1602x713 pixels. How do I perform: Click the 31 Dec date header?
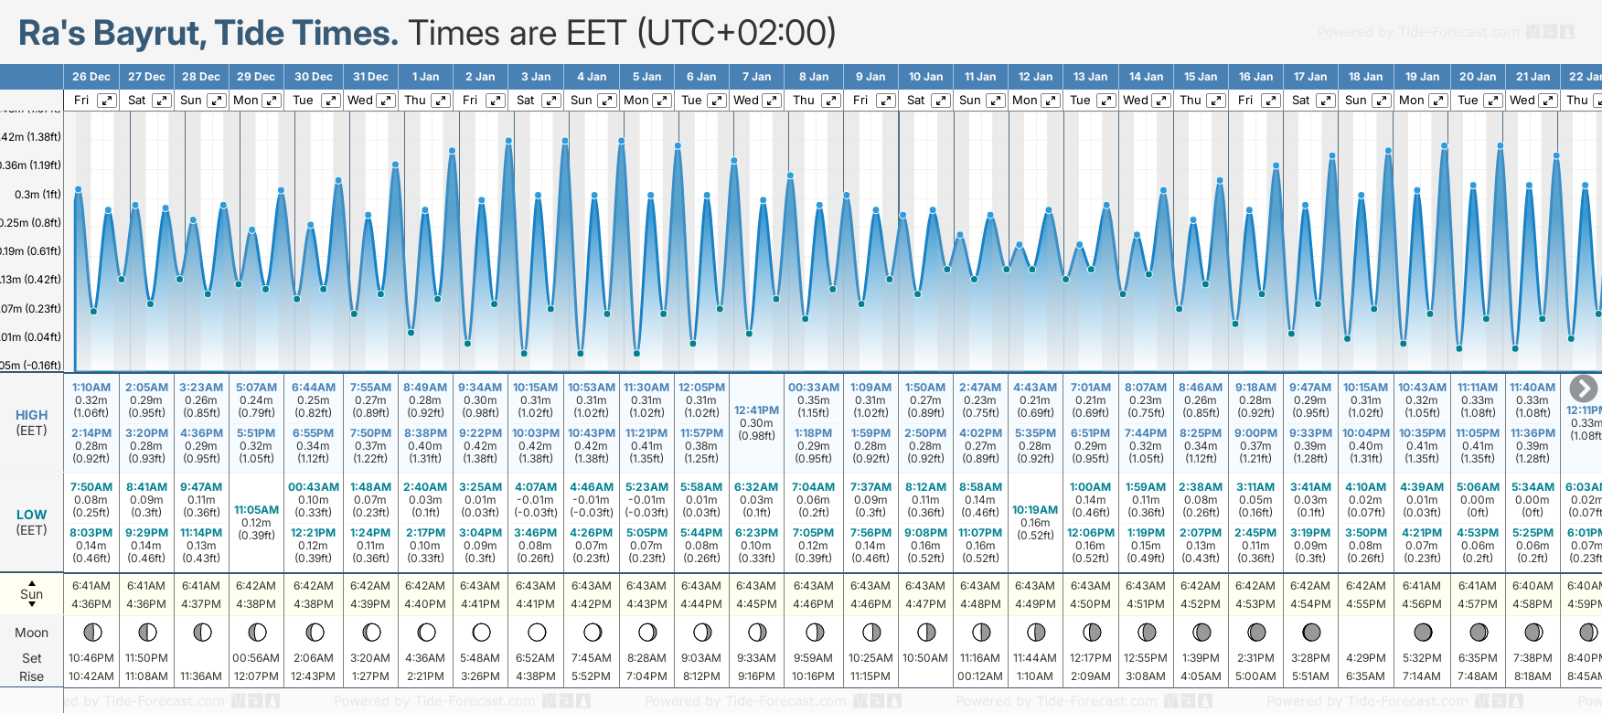click(370, 77)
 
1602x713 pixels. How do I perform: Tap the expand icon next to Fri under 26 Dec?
click(107, 101)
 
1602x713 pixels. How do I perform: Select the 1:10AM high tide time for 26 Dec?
click(91, 388)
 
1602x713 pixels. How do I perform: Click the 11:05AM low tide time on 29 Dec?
click(256, 510)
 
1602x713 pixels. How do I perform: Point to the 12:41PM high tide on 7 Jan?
click(757, 410)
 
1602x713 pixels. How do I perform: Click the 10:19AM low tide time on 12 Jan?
click(1035, 510)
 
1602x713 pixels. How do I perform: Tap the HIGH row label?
click(31, 415)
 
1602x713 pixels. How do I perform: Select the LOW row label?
click(31, 515)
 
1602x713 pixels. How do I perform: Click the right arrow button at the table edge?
click(1583, 388)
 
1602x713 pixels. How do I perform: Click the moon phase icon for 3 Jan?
click(537, 632)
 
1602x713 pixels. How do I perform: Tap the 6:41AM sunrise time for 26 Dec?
click(91, 586)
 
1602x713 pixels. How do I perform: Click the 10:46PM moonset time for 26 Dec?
click(91, 658)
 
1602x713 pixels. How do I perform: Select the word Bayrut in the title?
click(154, 33)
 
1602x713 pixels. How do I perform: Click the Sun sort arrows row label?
click(31, 594)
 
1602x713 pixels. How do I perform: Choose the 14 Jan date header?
click(1146, 77)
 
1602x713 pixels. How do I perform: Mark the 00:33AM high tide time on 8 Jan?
click(813, 388)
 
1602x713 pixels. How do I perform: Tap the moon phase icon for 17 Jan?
click(1311, 632)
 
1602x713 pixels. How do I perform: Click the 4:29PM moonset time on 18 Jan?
click(1365, 658)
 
